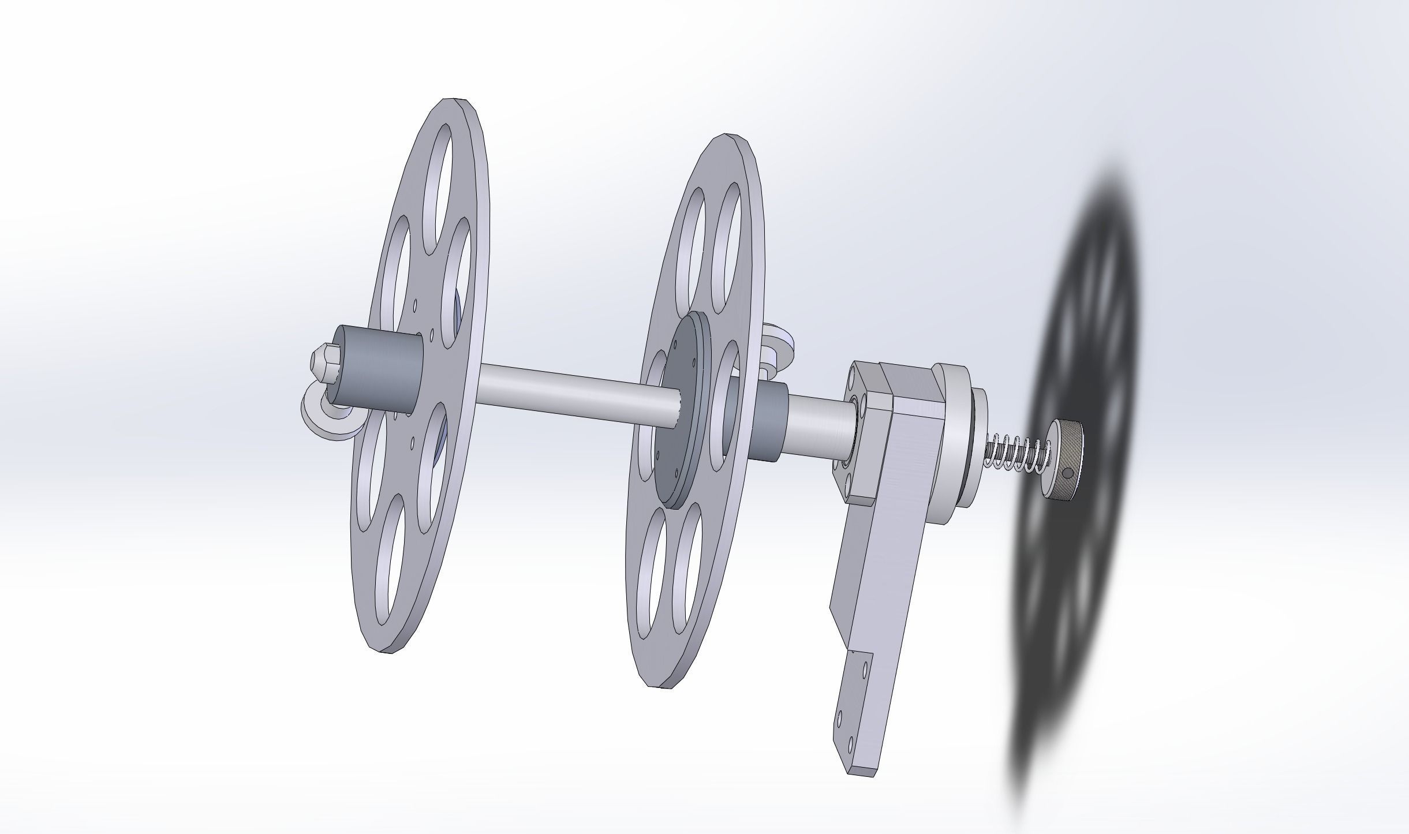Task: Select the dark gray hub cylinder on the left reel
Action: [378, 369]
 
